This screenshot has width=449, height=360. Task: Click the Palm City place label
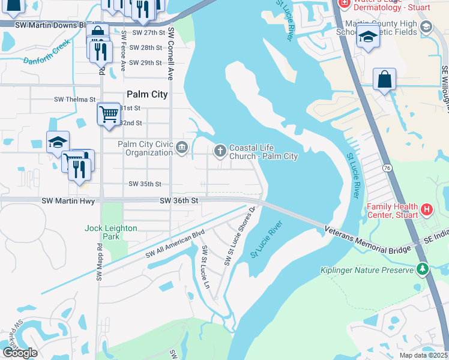tap(147, 94)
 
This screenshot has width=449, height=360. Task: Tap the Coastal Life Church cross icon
tap(220, 150)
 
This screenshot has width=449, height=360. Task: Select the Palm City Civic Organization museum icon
tap(182, 148)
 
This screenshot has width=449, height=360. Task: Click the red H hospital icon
tap(426, 209)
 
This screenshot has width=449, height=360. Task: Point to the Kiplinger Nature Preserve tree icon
tap(423, 269)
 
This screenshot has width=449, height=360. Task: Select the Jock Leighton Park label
tap(110, 232)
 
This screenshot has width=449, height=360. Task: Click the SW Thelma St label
tap(75, 99)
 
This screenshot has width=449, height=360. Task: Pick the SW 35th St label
tap(146, 184)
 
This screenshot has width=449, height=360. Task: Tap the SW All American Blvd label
tap(175, 244)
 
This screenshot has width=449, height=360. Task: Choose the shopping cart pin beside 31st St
tap(109, 113)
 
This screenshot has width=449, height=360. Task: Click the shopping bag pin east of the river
tap(384, 80)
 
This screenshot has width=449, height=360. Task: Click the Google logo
tap(20, 353)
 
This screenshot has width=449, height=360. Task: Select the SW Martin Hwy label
tap(68, 201)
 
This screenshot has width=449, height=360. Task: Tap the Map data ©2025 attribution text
tap(424, 355)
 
